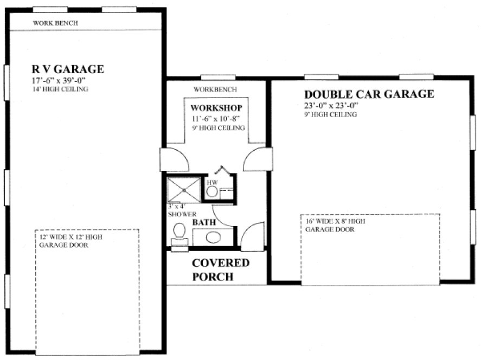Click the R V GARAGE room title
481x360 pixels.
(67, 69)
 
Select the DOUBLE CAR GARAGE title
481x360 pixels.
(369, 94)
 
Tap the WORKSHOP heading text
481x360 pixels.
(216, 108)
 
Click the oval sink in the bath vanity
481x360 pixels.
(213, 237)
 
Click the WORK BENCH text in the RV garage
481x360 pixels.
(55, 23)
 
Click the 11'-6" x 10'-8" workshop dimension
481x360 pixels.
(216, 118)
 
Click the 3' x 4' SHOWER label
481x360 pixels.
(178, 210)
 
